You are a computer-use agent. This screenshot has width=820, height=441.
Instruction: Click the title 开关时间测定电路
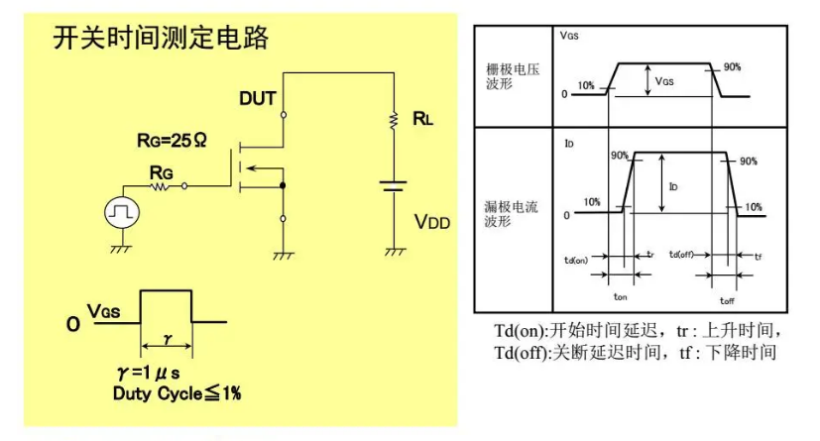(160, 39)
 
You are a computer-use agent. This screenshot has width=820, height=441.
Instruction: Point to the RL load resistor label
(423, 119)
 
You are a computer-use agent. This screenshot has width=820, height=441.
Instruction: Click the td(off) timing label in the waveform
(685, 255)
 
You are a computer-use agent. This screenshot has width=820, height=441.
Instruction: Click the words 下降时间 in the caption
(740, 352)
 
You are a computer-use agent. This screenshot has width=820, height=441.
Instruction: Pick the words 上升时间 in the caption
(746, 330)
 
